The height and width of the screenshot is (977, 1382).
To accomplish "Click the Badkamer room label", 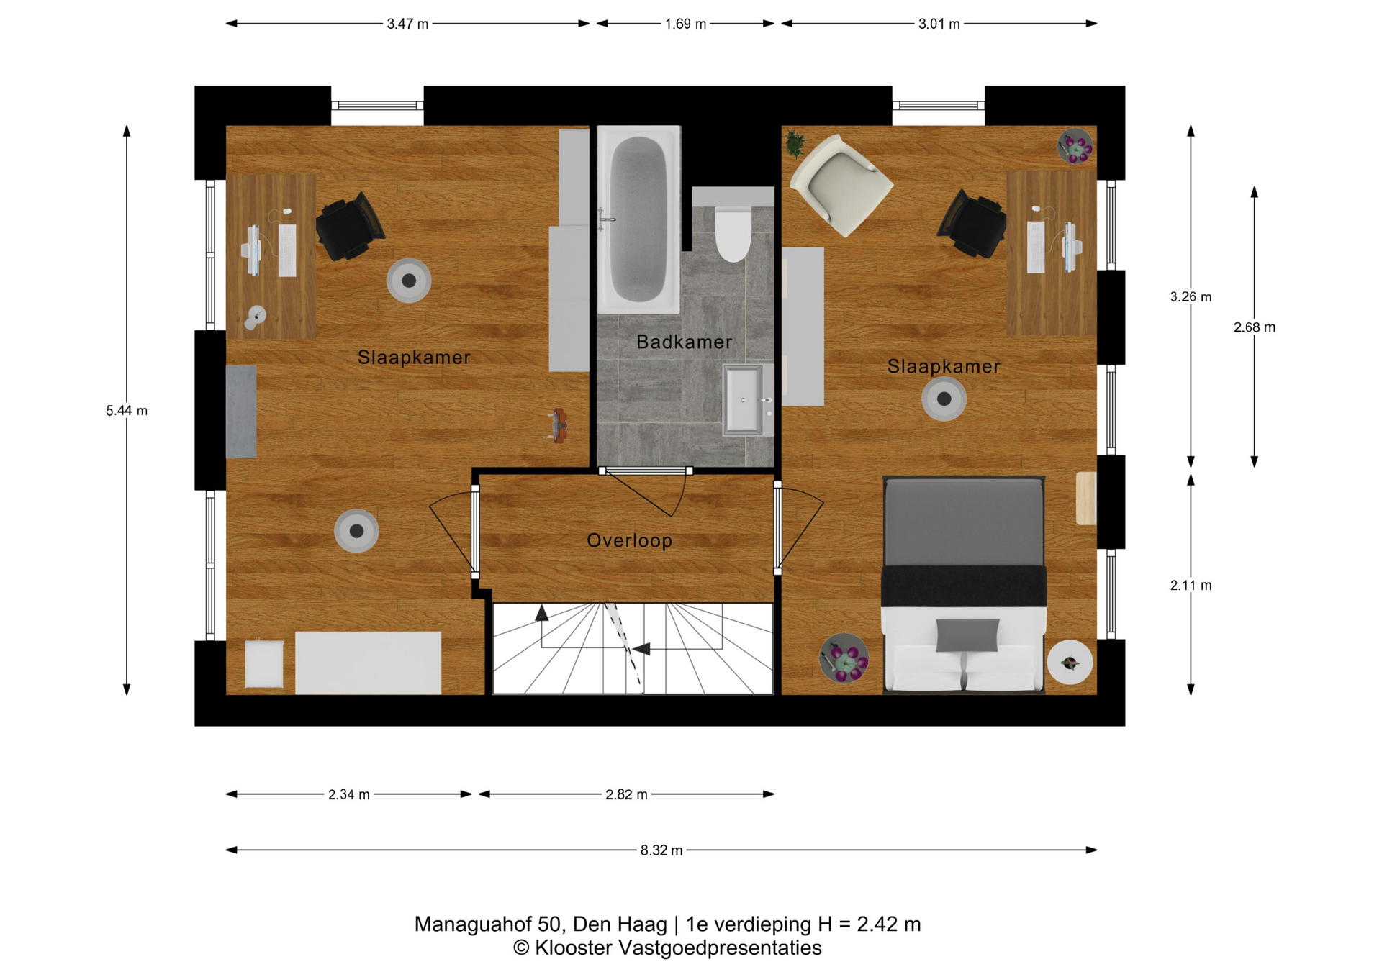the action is click(684, 342).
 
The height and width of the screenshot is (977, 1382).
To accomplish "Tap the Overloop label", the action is click(629, 540).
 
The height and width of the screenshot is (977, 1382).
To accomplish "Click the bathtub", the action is click(638, 219).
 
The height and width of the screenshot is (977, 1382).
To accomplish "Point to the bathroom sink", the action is click(744, 400).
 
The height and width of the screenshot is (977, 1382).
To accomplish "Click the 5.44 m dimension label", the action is click(127, 411).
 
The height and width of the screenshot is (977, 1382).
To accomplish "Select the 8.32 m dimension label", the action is click(661, 850).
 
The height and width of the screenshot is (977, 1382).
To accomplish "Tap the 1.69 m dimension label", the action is click(685, 24).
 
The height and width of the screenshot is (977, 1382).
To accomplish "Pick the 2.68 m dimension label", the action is click(1254, 327).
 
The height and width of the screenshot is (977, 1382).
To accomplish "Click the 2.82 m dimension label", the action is click(626, 794).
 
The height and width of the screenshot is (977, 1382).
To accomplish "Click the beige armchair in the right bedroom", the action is click(841, 185).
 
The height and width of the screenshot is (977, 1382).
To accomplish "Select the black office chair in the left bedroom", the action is click(350, 226).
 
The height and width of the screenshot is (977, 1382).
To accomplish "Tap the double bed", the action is click(964, 585).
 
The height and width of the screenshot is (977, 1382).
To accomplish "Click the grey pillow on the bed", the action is click(967, 635).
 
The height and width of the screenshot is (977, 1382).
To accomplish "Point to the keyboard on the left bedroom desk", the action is click(287, 250).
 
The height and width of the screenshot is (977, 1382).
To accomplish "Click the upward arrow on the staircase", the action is click(542, 613).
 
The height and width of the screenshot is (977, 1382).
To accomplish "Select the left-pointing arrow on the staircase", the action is click(641, 649).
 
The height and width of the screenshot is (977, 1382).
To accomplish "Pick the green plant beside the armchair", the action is click(795, 143).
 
